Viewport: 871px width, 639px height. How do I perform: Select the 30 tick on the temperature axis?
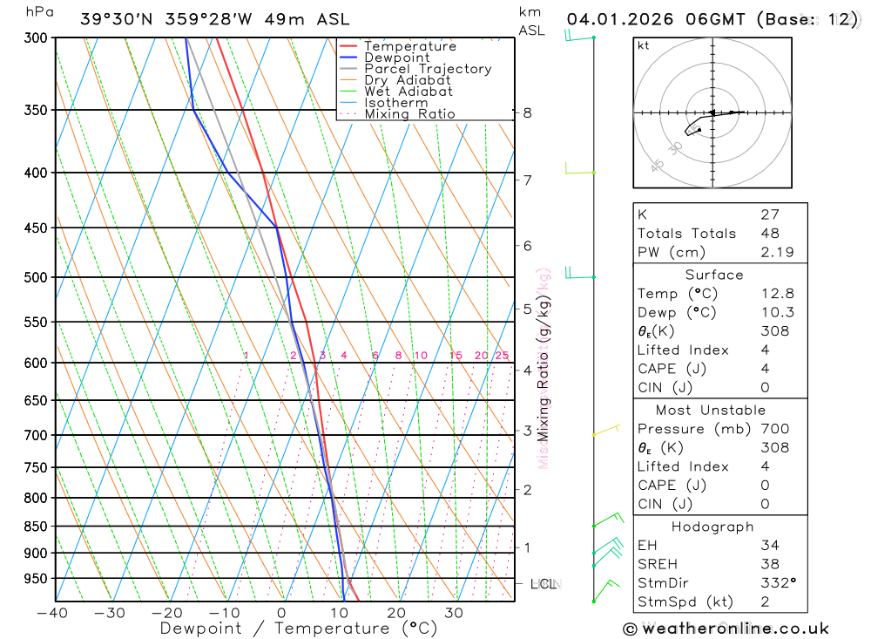(453, 613)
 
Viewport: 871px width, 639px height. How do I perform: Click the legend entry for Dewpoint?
(396, 58)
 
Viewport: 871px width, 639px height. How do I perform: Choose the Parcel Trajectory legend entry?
(427, 69)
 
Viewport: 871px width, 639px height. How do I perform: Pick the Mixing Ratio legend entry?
(409, 114)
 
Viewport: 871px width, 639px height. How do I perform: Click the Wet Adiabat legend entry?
(408, 92)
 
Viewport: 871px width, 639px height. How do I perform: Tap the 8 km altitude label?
(528, 112)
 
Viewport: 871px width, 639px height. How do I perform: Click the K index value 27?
(770, 214)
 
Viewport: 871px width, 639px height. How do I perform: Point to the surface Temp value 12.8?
(777, 294)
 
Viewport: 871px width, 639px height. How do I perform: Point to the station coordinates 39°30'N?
(116, 19)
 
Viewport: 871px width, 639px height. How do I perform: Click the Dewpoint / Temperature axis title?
(298, 629)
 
